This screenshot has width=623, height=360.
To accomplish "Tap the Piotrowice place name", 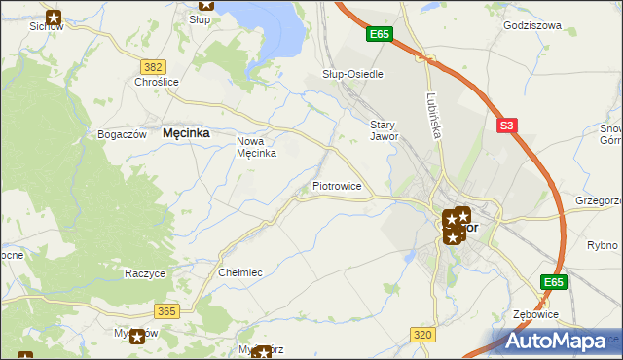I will (338, 185).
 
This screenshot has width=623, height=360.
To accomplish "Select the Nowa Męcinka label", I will (258, 147).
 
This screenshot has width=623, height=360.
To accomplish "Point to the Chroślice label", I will (156, 83).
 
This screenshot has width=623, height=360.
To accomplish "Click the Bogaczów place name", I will (122, 134).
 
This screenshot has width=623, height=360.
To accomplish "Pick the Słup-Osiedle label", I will (352, 74).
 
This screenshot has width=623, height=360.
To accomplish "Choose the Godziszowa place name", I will (532, 26).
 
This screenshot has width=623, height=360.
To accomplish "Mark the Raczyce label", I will (144, 273).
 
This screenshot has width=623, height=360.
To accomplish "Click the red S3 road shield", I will (506, 126).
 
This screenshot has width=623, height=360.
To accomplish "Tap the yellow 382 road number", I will (152, 66).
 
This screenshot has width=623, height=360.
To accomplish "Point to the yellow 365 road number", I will (165, 310).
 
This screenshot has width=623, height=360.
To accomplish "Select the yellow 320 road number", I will (421, 334).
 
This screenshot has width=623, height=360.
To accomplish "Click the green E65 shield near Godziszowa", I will (380, 34).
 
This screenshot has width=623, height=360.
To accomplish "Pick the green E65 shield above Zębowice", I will (554, 282).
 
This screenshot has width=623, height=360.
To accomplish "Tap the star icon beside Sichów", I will (54, 18).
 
